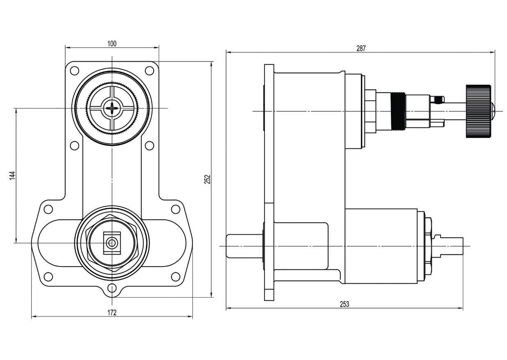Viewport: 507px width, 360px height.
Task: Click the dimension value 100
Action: click(x=112, y=43)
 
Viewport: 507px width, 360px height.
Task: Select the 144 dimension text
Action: click(x=12, y=175)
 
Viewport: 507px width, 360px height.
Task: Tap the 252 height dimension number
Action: click(x=208, y=179)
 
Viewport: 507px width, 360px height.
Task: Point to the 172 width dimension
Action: click(x=112, y=312)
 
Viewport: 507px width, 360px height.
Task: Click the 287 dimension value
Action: click(x=361, y=48)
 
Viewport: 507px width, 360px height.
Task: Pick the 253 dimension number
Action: click(x=345, y=304)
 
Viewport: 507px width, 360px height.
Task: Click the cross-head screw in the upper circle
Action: click(x=112, y=108)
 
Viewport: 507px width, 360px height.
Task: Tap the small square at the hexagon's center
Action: click(x=112, y=243)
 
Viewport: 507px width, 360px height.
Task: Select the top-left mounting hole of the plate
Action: click(x=74, y=70)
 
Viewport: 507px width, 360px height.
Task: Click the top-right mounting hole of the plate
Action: click(x=150, y=70)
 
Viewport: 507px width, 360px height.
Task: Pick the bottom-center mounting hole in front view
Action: click(x=112, y=289)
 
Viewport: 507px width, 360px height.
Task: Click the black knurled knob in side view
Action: click(x=478, y=111)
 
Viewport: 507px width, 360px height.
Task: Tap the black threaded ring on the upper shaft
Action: click(x=397, y=112)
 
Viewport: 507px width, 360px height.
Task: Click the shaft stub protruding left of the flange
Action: click(x=244, y=246)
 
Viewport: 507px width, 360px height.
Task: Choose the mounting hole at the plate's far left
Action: click(x=48, y=209)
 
